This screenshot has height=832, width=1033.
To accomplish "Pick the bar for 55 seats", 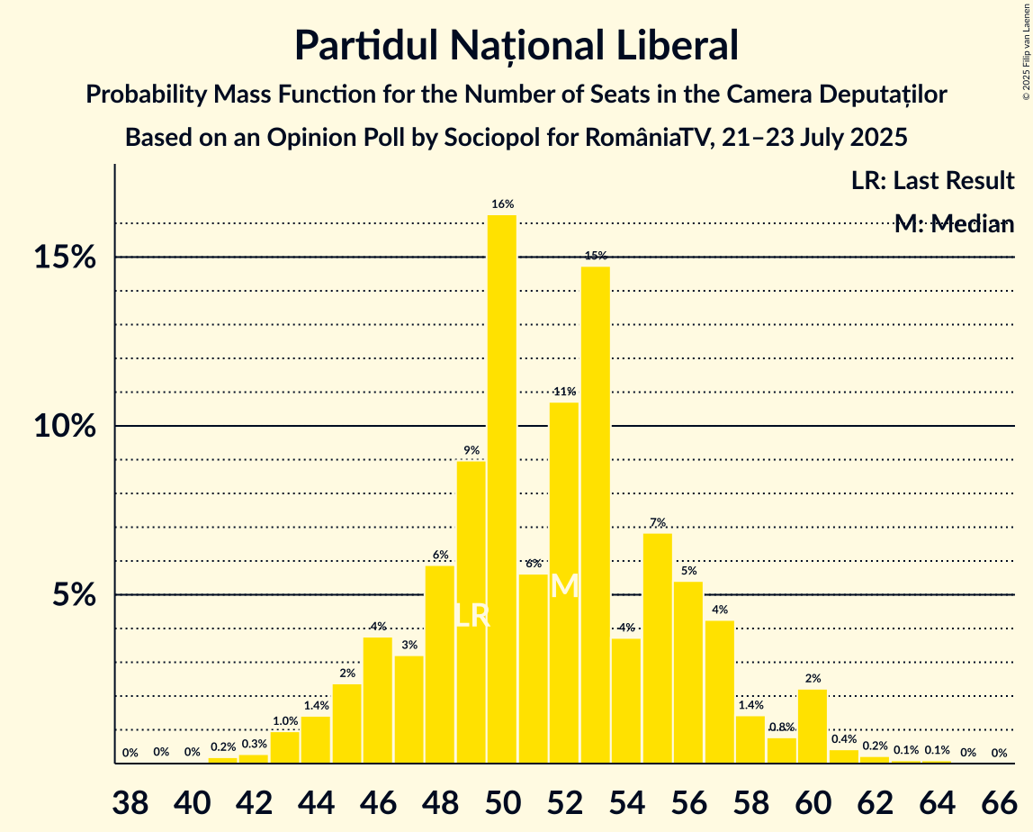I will (x=658, y=648).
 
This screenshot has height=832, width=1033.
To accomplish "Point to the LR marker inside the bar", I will (x=472, y=616).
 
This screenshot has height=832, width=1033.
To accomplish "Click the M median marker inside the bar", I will (x=564, y=586).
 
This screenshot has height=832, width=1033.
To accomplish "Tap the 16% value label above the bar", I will (x=502, y=204).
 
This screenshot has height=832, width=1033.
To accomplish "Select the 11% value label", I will (x=564, y=392).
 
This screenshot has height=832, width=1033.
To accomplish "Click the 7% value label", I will (x=658, y=523).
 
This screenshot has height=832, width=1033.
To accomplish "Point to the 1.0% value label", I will (x=285, y=721).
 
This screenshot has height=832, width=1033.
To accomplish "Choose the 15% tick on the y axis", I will (x=66, y=258).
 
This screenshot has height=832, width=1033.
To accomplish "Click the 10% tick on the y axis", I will (x=66, y=426).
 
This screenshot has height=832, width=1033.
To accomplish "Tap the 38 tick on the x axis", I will (x=130, y=800).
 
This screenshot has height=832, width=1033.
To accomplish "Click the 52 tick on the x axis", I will (x=564, y=800).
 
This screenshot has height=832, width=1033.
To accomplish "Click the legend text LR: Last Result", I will (x=932, y=180).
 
